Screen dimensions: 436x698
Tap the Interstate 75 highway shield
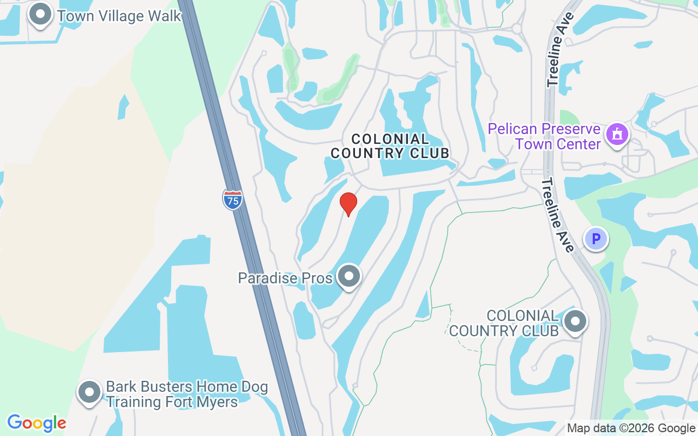click(233, 200)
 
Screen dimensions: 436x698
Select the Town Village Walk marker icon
click(40, 15)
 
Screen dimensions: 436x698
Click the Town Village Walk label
click(119, 16)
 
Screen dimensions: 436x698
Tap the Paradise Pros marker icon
click(348, 276)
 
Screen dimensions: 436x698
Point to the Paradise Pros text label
click(285, 278)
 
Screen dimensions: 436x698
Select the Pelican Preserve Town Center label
click(544, 136)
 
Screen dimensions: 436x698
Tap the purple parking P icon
click(596, 238)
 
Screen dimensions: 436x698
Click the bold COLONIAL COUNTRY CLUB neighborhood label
click(390, 146)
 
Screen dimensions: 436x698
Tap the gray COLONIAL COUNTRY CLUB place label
click(504, 323)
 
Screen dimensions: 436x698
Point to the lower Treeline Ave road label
click(557, 215)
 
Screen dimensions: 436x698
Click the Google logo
click(37, 422)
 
